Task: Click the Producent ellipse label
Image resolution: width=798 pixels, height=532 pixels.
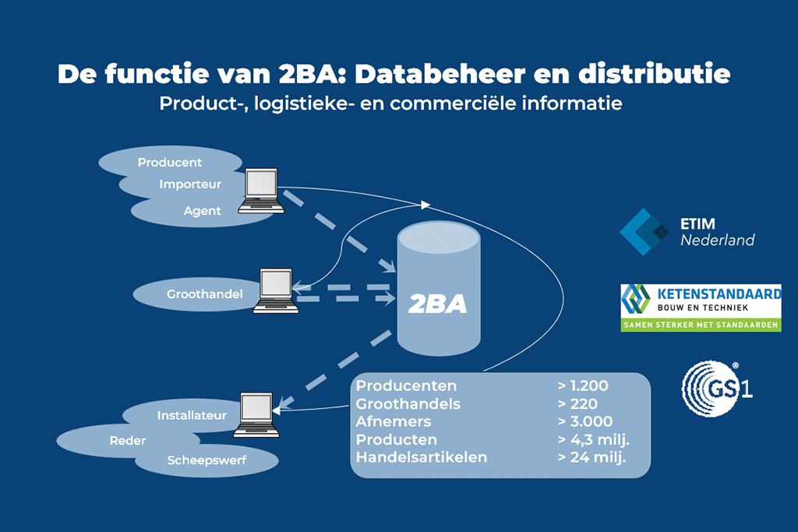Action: point(170,163)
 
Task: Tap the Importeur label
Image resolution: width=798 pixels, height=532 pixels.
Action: point(190,185)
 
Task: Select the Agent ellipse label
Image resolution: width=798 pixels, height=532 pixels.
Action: point(203,210)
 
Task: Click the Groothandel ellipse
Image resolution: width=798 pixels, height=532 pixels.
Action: point(194,294)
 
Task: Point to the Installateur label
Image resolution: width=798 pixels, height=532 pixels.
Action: point(192,415)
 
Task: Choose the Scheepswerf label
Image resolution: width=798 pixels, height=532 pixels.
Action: point(207,460)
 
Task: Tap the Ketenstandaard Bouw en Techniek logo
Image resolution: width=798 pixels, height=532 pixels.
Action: point(701,307)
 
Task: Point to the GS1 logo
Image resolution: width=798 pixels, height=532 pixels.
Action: point(716,386)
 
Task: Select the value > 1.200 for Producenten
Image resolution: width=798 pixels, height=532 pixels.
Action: point(582,386)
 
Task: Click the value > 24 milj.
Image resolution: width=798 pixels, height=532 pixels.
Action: point(592,457)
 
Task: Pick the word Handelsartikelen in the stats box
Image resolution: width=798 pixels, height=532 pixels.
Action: point(421,457)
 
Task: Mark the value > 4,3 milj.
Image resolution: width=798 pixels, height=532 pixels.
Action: point(593,439)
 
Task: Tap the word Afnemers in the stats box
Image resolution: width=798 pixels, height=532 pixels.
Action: point(394,421)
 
